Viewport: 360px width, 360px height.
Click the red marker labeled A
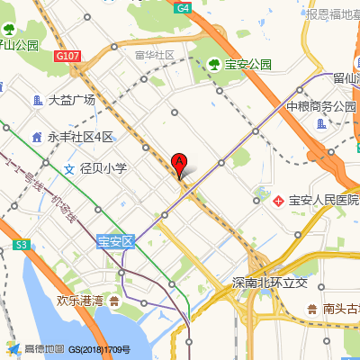point(179,165)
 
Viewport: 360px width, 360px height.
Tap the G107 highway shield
point(67,56)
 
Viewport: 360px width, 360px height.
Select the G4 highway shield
point(184,7)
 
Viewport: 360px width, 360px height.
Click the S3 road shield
point(22,244)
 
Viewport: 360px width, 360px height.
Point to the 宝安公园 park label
point(248,65)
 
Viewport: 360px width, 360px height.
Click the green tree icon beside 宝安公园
point(215,65)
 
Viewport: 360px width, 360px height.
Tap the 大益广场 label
point(72,100)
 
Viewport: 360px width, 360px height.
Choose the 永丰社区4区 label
point(81,137)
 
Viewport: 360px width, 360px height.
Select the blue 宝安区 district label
point(115,241)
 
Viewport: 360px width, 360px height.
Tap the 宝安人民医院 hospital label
point(323,199)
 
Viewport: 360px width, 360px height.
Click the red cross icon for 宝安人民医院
point(278,199)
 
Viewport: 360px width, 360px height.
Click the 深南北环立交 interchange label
point(270,283)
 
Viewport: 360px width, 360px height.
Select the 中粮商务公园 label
point(321,106)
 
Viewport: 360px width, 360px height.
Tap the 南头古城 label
point(342,309)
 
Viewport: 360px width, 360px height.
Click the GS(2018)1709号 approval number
point(100,349)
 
